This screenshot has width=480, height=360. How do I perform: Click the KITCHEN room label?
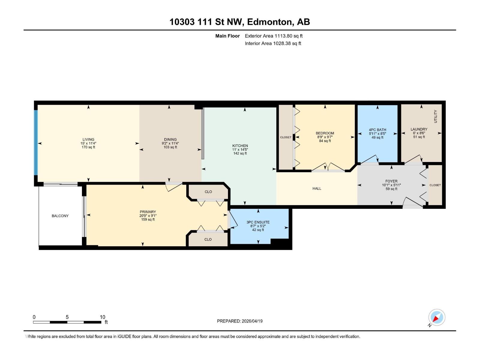(240, 146)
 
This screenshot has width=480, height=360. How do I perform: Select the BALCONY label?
(60, 216)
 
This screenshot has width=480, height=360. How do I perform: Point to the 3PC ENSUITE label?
(258, 222)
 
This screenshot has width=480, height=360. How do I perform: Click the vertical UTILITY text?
(436, 116)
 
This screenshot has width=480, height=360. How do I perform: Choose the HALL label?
(317, 188)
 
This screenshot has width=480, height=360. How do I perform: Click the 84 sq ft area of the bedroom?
(325, 141)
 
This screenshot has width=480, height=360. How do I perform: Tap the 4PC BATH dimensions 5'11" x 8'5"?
(377, 134)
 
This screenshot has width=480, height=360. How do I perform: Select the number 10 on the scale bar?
(102, 317)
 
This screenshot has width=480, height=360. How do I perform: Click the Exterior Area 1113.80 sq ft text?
(274, 36)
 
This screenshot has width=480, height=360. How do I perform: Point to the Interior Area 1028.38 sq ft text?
(273, 43)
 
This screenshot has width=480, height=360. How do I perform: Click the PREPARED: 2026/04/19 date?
(240, 321)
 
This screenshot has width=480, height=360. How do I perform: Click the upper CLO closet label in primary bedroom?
(208, 192)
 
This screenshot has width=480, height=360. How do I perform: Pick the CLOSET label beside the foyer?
(435, 185)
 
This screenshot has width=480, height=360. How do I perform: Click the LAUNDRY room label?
(419, 129)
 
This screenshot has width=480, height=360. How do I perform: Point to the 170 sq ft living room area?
(88, 147)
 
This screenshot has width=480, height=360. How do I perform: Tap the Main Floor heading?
(227, 36)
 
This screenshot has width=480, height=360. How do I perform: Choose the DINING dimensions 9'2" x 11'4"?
(170, 143)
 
